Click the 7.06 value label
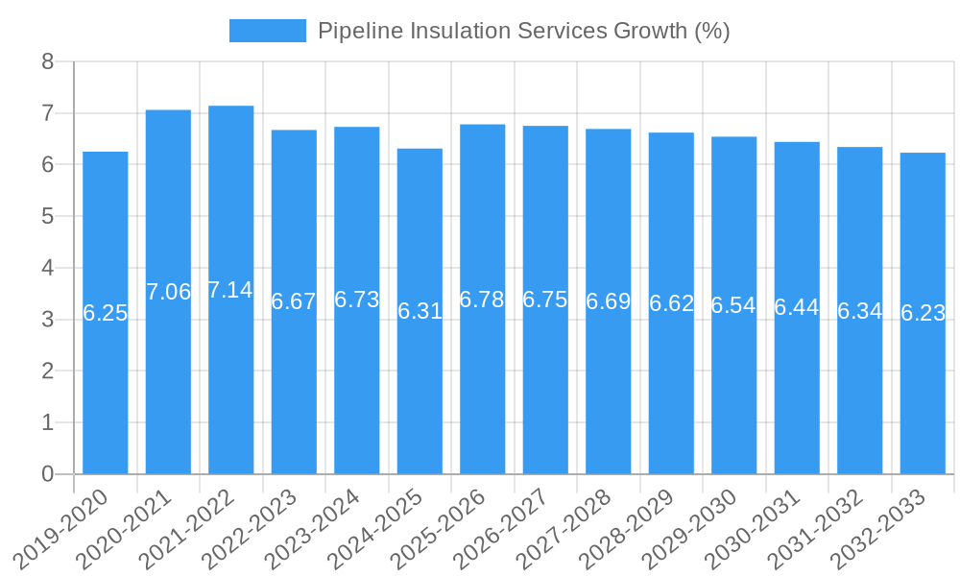pos(168,292)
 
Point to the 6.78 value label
pos(482,300)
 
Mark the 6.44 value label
pos(797,308)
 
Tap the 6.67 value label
pos(294,301)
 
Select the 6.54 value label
pos(733,305)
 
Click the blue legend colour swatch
pos(267,31)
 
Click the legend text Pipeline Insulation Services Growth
pos(523,31)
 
